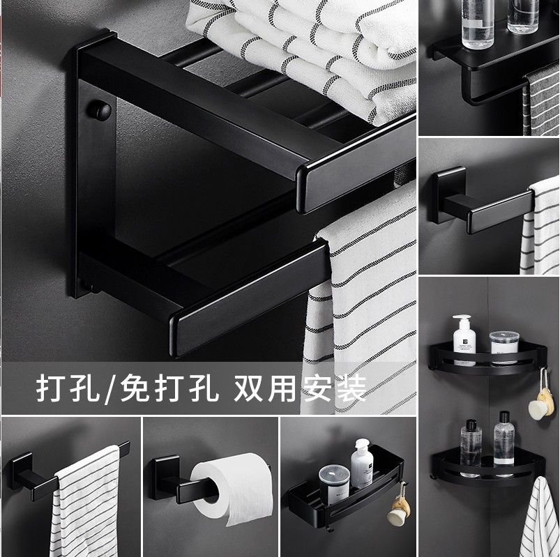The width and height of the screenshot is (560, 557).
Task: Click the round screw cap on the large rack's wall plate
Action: (x=101, y=109)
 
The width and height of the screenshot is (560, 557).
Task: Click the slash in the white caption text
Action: (x=110, y=389)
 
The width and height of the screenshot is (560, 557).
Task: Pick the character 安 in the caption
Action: (x=317, y=388)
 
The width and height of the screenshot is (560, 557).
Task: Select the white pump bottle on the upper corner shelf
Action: (x=464, y=339)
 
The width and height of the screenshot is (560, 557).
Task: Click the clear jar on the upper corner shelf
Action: (x=504, y=347)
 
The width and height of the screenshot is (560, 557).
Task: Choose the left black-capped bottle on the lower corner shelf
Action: (x=471, y=448)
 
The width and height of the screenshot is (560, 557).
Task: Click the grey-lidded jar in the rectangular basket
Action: (x=333, y=484)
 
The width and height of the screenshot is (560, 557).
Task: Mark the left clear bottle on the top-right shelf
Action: (x=477, y=24)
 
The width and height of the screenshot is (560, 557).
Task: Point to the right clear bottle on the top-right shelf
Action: (x=522, y=16)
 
